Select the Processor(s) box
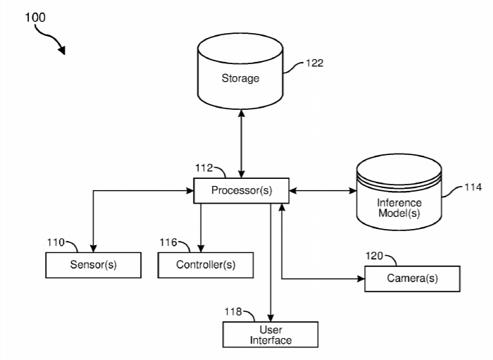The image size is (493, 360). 241,190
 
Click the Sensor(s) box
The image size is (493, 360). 93,265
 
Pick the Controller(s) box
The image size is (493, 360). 205,265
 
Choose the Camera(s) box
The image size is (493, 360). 412,278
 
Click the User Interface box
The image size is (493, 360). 270,335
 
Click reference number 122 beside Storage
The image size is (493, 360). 314,63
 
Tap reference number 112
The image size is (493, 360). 204,168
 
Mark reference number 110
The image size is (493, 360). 56,242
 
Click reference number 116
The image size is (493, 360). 168,242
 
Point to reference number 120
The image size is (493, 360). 375,256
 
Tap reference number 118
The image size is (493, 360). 233,311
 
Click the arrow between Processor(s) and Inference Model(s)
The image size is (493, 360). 322,190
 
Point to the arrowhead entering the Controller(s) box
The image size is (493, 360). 201,249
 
